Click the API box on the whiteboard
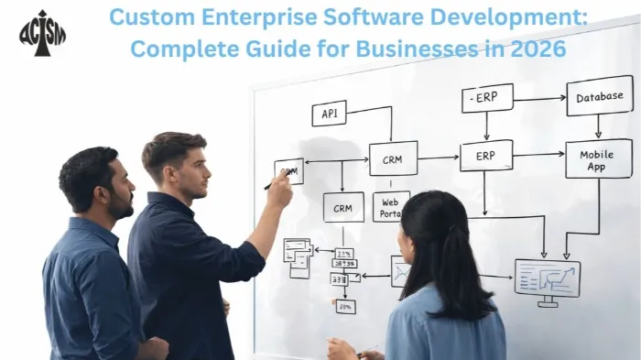tap(329, 114)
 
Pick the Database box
tap(600, 96)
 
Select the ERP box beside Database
tap(487, 97)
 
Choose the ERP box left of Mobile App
tap(485, 156)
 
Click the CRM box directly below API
tap(393, 158)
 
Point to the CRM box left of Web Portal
tap(343, 207)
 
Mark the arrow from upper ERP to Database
tap(540, 98)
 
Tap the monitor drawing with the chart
tap(547, 278)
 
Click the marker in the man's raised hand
tap(271, 183)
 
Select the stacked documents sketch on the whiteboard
tap(298, 256)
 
